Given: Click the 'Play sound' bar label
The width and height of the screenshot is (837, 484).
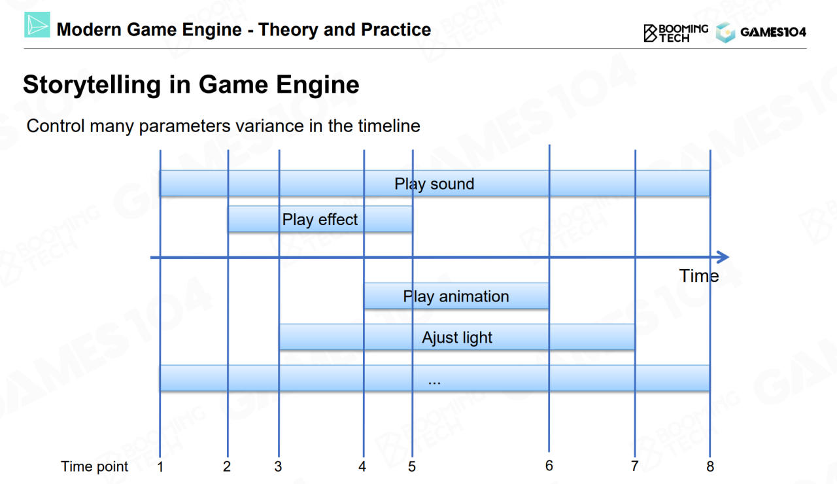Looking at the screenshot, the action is (434, 184).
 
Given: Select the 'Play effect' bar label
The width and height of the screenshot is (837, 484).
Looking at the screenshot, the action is (320, 219).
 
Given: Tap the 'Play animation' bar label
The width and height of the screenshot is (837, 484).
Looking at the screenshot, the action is (456, 296).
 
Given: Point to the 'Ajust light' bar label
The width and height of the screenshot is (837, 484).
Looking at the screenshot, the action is (456, 337).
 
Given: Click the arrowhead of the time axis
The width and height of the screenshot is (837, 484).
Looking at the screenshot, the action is (723, 257).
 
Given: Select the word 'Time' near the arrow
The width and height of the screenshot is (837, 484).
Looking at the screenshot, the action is (699, 276).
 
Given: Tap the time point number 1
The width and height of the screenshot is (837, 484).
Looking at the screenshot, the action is (160, 467).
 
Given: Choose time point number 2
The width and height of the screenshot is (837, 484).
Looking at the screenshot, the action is (227, 466).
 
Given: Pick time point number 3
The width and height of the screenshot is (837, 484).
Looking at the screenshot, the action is (278, 466).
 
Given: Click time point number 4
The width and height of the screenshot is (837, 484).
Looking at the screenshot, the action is (362, 466).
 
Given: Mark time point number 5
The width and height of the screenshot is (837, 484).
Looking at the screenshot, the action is (412, 466).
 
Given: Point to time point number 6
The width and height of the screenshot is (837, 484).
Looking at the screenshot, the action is (549, 466).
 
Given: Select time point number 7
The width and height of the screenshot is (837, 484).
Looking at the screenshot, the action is (634, 466).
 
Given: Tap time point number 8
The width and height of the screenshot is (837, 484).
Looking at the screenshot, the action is (710, 466).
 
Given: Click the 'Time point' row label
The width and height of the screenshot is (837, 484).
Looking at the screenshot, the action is (95, 467).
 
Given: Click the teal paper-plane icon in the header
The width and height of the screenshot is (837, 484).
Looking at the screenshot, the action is (37, 25).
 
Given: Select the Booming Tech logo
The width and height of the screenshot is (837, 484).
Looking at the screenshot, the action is (675, 33).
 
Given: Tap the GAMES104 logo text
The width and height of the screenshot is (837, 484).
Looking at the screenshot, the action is (773, 32).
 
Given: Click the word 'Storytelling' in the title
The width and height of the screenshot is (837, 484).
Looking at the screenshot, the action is (92, 85).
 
